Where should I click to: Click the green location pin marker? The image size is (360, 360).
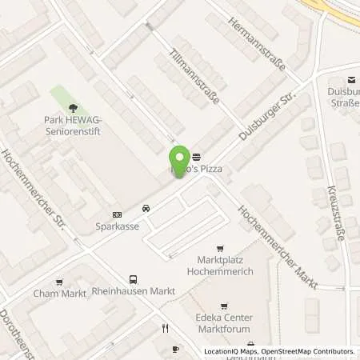(x=179, y=160)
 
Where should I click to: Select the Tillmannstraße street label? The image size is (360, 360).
(x=195, y=82)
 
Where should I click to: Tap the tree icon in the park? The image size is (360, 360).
(x=73, y=106)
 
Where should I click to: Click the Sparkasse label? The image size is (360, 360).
(x=113, y=226)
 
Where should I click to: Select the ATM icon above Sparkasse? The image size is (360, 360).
(x=117, y=214)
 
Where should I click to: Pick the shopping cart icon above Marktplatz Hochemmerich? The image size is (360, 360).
(x=222, y=249)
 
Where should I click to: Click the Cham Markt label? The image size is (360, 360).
(x=58, y=293)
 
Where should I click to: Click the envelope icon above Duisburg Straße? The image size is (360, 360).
(x=350, y=79)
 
